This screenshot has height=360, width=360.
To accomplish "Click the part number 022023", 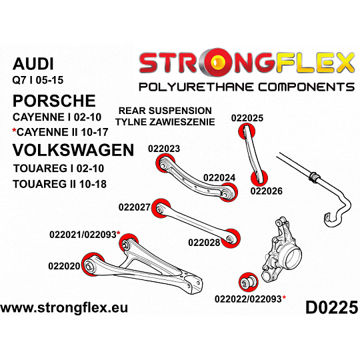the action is click(164, 149).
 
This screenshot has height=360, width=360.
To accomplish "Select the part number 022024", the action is click(219, 178).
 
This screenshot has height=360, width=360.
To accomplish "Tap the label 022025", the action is click(247, 118).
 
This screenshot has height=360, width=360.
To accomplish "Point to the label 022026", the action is click(266, 191).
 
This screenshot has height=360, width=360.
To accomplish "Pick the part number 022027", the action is click(134, 207).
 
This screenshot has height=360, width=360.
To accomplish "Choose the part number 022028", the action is click(204, 243).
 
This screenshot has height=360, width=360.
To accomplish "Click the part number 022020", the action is click(64, 266).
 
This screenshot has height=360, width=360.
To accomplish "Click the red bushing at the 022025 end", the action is click(247, 131).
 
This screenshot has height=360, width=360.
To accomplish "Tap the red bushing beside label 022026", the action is click(259, 178).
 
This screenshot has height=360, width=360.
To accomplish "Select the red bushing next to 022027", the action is click(161, 208).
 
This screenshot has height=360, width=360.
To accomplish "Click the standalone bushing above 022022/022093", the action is click(249, 283).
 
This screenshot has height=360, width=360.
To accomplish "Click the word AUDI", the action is click(33, 64).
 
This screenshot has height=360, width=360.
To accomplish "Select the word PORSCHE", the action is click(54, 101).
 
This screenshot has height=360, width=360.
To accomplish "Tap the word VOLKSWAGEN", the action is click(73, 150).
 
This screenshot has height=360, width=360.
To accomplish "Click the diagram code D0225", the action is click(331, 307).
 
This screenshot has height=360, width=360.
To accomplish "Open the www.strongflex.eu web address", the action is click(64, 308).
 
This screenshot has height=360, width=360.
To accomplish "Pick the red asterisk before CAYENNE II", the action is click(14, 131).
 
